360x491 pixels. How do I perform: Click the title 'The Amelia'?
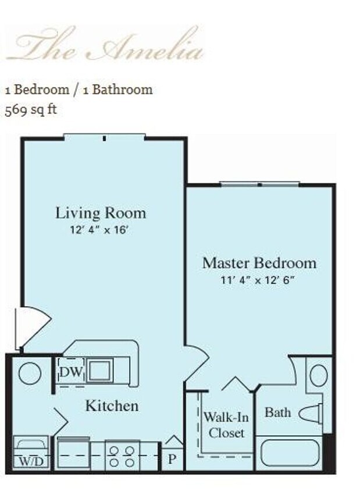click(x=105, y=45)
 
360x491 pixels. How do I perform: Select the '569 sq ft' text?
click(x=31, y=109)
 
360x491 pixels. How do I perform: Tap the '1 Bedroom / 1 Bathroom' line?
click(x=79, y=90)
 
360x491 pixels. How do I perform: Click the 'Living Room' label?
click(x=101, y=213)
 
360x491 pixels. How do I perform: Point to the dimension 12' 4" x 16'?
click(x=98, y=230)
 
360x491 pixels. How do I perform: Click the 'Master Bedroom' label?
click(x=259, y=263)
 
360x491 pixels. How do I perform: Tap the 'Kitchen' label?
click(x=112, y=405)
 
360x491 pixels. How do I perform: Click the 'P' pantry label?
click(x=172, y=458)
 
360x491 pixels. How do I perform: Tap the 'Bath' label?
click(x=277, y=412)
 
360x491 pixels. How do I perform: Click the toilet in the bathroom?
click(x=312, y=414)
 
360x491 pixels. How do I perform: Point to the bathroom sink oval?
click(x=318, y=375)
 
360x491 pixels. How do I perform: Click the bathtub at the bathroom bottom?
click(x=290, y=454)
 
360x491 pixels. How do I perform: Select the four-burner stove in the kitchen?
click(x=122, y=455)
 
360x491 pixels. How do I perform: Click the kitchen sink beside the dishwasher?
click(x=99, y=369)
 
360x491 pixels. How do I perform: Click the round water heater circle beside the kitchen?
click(x=30, y=373)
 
